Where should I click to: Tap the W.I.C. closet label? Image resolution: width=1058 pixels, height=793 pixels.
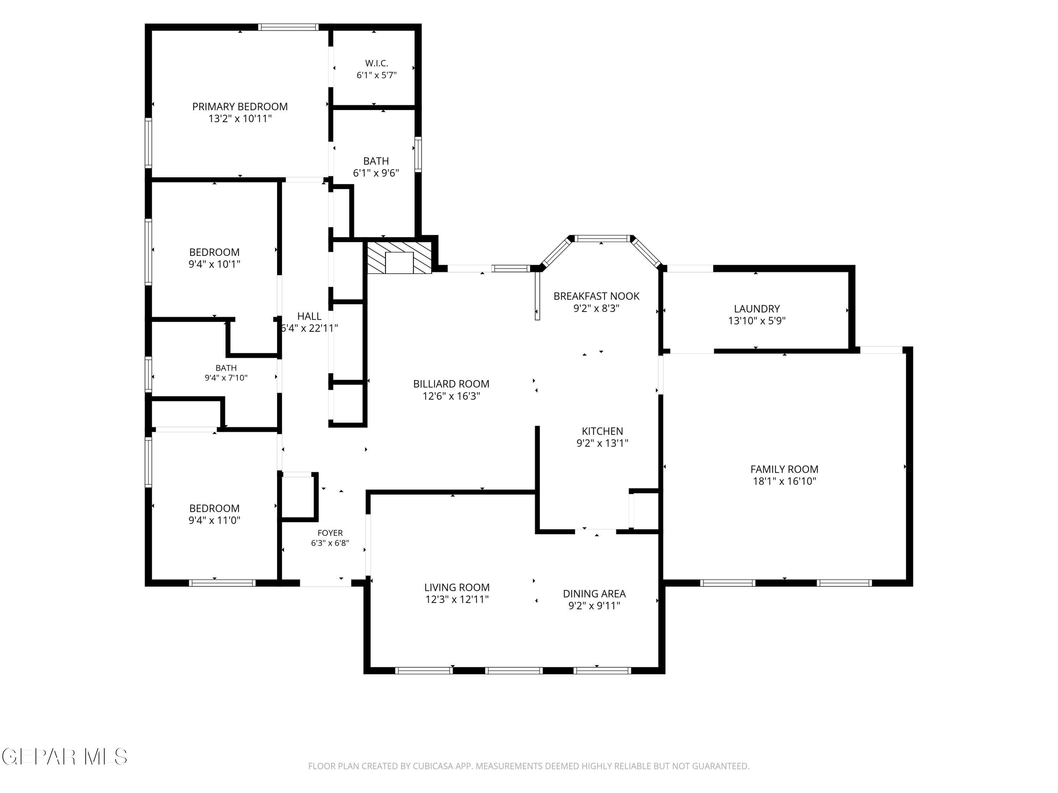tap(376, 63)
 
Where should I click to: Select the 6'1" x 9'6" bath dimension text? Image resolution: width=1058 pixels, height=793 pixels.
tap(376, 173)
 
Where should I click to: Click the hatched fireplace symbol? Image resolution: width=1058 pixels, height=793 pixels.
tap(399, 258)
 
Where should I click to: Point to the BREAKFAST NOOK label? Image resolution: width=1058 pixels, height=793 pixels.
tap(596, 296)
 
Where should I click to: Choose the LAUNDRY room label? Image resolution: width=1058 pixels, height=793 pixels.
tap(757, 309)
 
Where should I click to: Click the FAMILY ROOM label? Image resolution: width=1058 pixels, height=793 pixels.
tap(784, 469)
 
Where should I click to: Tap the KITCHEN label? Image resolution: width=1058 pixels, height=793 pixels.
tap(602, 431)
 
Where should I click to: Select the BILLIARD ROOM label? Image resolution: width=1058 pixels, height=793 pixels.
tap(451, 384)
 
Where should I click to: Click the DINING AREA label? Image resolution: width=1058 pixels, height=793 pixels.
tap(594, 594)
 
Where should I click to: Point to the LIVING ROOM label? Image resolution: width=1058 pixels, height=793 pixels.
tap(457, 588)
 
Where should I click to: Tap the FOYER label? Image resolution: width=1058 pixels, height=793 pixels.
tap(330, 533)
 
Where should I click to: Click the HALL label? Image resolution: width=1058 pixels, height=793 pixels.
tap(309, 316)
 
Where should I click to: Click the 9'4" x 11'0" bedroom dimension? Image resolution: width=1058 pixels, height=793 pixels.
tap(214, 520)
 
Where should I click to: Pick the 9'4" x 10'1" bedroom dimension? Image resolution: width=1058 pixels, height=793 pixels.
tap(214, 264)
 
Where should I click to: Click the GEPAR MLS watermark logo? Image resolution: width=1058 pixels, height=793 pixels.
tap(65, 757)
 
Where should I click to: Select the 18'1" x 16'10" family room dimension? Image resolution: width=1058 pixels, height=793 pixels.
tap(784, 481)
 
